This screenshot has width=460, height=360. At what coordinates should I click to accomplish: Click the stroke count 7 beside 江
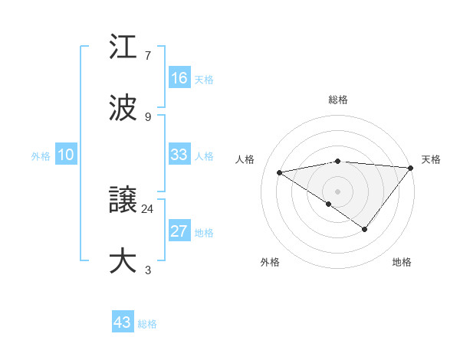[x=148, y=56]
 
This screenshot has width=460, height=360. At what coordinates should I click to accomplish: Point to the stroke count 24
[x=148, y=208]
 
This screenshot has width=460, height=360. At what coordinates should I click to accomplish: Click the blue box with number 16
[x=179, y=78]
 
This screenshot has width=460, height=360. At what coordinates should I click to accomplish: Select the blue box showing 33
[x=179, y=155]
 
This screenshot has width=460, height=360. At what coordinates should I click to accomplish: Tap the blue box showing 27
[x=179, y=231]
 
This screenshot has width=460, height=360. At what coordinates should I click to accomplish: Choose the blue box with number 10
[x=66, y=155]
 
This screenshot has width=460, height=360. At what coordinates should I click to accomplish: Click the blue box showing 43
[x=123, y=322]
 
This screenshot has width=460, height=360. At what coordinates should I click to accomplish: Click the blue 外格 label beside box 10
[x=41, y=155]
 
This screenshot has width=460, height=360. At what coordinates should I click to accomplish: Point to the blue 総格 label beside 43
[x=148, y=323]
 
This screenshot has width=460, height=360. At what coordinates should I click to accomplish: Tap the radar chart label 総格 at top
[x=338, y=100]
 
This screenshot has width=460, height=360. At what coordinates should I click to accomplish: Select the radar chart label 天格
[x=431, y=159]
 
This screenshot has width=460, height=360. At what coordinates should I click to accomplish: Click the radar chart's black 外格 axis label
[x=270, y=262]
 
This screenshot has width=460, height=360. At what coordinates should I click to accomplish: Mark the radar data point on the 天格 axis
[x=412, y=167]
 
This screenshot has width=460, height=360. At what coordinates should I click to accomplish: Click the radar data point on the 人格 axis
[x=279, y=172]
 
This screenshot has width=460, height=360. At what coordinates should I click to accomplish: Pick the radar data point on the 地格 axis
[x=365, y=229]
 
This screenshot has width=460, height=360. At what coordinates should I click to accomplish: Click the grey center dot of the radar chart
[x=338, y=191]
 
